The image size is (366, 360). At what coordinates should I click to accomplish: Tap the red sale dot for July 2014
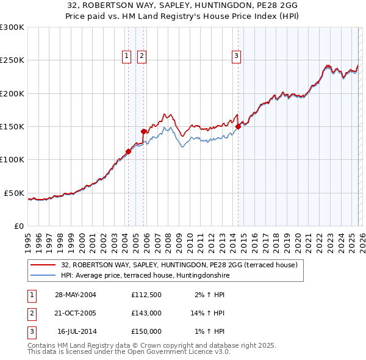click(238, 126)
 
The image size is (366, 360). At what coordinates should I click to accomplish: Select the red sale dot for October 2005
click(144, 131)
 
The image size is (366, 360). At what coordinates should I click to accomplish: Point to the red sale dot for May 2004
click(129, 151)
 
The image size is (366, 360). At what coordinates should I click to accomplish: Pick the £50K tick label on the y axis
click(15, 193)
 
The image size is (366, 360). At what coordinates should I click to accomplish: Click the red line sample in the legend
click(43, 265)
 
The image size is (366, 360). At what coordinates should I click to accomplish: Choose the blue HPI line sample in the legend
click(43, 276)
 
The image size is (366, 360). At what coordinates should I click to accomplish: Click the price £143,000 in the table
click(146, 313)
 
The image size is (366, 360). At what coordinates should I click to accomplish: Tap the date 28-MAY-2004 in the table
click(76, 295)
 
